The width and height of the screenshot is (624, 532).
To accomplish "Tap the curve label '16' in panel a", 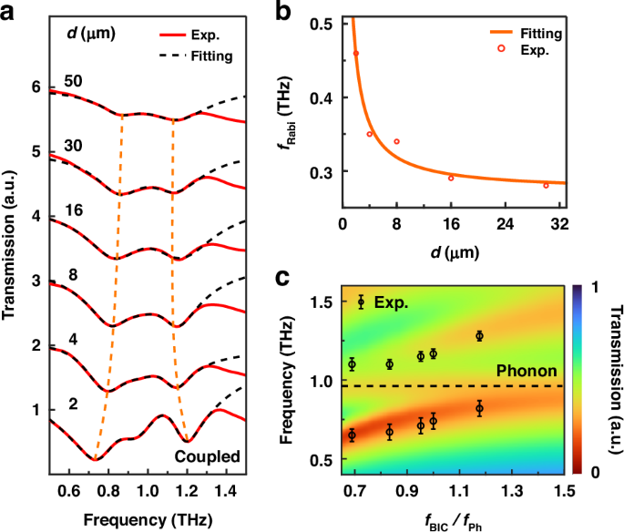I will pyautogui.click(x=65, y=210).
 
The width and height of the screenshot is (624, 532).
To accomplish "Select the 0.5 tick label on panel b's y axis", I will pyautogui.click(x=322, y=24).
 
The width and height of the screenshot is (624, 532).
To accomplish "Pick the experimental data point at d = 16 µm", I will pyautogui.click(x=451, y=178).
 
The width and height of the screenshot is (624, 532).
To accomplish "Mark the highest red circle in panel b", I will pyautogui.click(x=355, y=54).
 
